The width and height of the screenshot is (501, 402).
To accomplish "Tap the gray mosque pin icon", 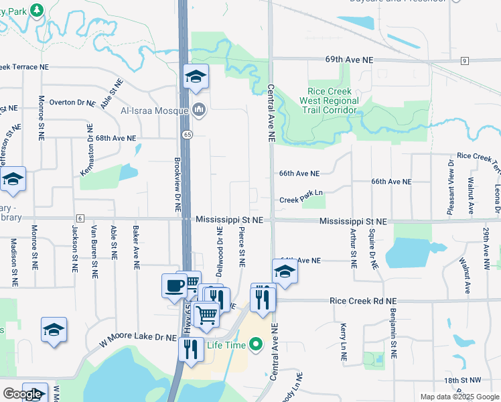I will pos(198,109).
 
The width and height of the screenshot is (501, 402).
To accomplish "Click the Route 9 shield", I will pos(463,61).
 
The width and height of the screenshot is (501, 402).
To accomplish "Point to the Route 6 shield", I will pos(80,218).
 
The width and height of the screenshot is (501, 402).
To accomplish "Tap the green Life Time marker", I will pos(255,345).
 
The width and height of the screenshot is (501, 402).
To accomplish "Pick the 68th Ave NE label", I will pos(115,138).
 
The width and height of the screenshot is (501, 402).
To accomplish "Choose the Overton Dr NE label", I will pos(72,103).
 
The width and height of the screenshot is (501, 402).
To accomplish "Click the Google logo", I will pos(22,394).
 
